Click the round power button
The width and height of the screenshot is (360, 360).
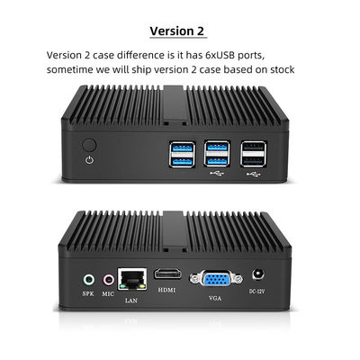(x=89, y=145)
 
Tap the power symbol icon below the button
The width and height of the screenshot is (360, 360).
(x=89, y=160)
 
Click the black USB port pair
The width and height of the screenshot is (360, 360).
(x=254, y=154)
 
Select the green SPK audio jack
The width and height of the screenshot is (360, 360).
(x=88, y=280)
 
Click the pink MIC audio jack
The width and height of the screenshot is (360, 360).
(x=109, y=280)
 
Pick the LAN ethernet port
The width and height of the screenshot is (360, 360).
(x=132, y=279)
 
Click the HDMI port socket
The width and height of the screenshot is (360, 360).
(x=168, y=274)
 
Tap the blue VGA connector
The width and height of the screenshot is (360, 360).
(x=216, y=279)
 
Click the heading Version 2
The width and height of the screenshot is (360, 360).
(x=177, y=31)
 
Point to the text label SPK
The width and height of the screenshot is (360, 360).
(x=88, y=293)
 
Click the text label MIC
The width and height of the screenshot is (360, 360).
(x=108, y=294)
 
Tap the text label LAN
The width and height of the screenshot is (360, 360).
(x=131, y=301)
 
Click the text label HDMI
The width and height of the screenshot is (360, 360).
(x=166, y=290)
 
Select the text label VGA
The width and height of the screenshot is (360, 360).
(x=215, y=298)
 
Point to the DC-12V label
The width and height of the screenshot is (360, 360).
(x=257, y=291)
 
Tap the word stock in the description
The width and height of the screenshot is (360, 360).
(x=283, y=69)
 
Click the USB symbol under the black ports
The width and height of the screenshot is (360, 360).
(x=253, y=174)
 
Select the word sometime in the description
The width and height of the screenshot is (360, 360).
(x=70, y=69)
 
